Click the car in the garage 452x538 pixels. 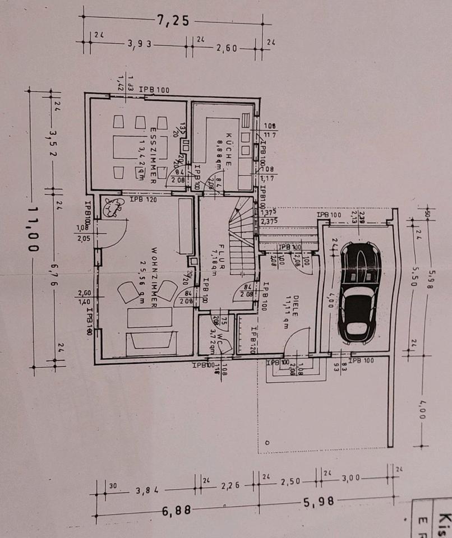(x=359, y=292)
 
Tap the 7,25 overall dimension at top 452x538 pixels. (x=173, y=21)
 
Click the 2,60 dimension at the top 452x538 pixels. (x=227, y=48)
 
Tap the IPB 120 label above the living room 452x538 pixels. (x=141, y=199)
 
